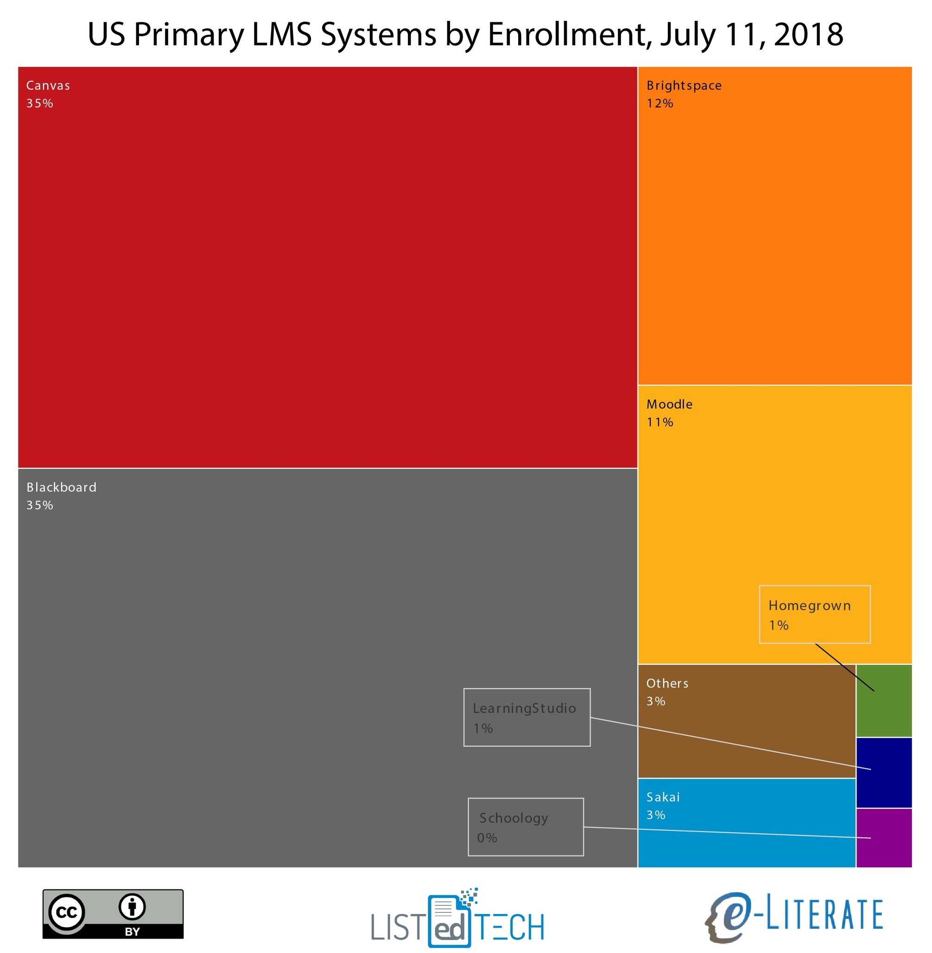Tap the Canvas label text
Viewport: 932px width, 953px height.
48,86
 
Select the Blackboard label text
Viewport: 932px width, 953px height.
61,487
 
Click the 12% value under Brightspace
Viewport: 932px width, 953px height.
659,103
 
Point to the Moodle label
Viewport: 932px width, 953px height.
669,404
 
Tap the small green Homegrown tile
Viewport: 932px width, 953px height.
883,709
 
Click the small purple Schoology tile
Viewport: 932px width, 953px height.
883,838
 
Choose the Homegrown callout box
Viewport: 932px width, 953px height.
815,614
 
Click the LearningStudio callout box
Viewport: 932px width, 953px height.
526,718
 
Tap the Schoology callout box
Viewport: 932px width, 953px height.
526,827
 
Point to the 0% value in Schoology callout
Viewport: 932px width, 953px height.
487,838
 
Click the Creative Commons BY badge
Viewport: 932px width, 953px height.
113,914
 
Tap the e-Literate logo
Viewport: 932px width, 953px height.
794,917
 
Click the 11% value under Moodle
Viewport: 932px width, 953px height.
659,422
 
